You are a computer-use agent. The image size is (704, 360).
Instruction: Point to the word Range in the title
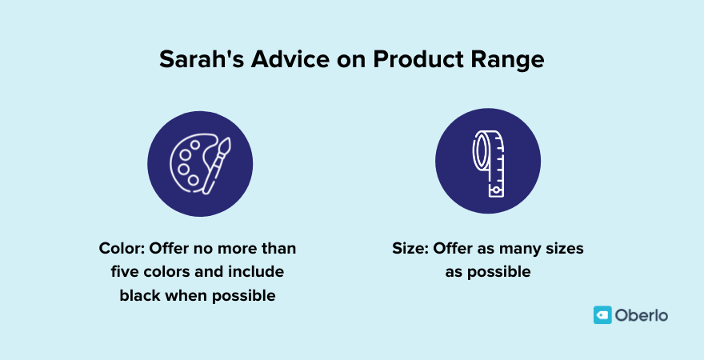pos(510,61)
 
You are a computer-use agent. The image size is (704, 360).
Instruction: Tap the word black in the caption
pos(140,295)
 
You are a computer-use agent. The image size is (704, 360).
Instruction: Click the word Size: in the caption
pos(410,249)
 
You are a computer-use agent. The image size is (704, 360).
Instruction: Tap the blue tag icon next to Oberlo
pos(602,315)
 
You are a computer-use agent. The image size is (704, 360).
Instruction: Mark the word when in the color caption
pos(185,295)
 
